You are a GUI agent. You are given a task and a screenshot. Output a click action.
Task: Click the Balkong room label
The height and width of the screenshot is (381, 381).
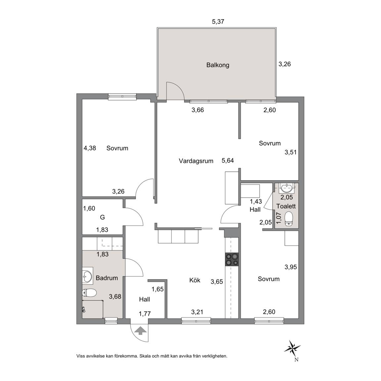point(218,65)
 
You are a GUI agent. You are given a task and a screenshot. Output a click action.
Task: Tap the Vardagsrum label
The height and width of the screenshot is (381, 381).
point(196,161)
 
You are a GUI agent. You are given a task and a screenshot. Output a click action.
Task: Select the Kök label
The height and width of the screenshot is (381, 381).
point(194,280)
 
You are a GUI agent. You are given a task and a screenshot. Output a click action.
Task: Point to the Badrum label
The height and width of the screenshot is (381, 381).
point(107,278)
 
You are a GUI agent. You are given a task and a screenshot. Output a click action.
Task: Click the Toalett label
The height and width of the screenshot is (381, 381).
point(286,206)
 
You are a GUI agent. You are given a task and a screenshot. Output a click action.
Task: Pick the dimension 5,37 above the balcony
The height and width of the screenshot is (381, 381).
point(218,21)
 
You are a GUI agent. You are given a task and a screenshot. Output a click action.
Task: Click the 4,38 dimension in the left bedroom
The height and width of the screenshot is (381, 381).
point(90,148)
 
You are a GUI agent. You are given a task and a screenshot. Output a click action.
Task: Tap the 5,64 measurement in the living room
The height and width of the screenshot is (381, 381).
point(228,161)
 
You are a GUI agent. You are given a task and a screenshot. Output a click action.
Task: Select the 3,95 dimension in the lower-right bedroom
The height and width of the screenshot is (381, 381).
point(291,267)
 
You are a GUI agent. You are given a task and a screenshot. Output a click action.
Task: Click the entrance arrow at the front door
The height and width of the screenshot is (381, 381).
point(140,331)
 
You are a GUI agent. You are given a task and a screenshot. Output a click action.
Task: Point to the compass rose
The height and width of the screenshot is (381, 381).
point(293,348)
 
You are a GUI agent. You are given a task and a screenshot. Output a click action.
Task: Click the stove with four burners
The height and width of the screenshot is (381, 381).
point(232,260)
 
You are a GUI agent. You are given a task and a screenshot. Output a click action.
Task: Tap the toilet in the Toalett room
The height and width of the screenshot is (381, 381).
point(288,219)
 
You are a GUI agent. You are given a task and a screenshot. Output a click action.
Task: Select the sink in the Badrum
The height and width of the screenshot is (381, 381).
point(87,276)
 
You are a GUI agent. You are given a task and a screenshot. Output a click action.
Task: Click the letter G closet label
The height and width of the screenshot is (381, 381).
point(102,217)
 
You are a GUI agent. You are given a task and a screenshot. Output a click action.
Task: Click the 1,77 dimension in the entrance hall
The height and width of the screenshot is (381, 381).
point(145,314)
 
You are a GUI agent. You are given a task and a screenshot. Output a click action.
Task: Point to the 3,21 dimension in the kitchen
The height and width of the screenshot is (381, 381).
point(197,312)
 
